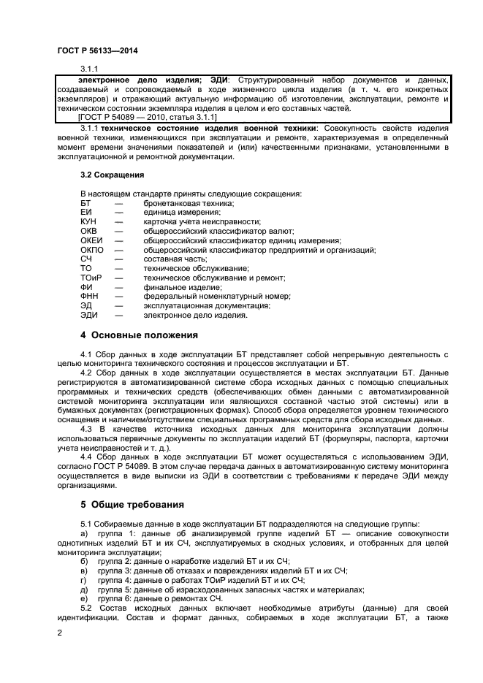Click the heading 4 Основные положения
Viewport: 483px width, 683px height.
(x=139, y=335)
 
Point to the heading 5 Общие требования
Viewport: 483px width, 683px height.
(x=132, y=505)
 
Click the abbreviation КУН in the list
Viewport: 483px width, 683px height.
(x=89, y=221)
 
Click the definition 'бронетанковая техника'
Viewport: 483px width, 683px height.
(x=189, y=202)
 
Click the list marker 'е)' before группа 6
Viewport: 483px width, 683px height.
(x=84, y=598)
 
